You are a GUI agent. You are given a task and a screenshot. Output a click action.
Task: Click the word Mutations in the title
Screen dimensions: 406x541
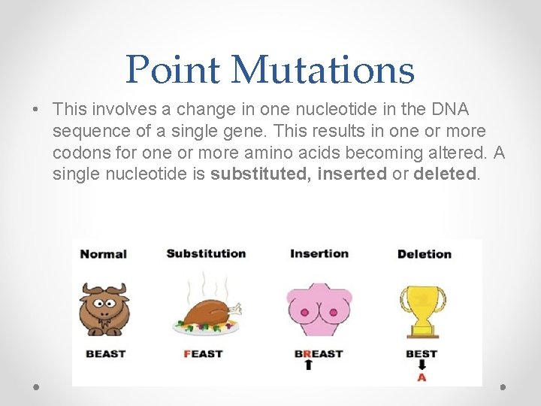click(x=323, y=69)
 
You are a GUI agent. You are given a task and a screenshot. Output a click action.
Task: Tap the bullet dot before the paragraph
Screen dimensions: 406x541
click(x=36, y=110)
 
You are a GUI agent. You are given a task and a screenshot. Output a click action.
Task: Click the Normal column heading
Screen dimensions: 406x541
click(x=103, y=253)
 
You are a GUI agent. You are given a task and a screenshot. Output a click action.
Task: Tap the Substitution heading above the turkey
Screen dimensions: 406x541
click(x=206, y=253)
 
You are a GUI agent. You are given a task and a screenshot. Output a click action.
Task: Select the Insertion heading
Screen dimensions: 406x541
click(x=319, y=253)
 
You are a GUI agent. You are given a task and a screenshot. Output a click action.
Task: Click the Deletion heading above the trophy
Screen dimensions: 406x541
click(x=424, y=253)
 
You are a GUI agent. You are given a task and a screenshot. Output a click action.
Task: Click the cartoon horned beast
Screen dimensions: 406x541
click(x=104, y=308)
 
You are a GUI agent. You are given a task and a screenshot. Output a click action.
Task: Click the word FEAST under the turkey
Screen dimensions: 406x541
click(x=203, y=353)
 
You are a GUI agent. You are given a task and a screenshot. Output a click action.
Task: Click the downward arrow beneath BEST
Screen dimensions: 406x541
click(x=422, y=365)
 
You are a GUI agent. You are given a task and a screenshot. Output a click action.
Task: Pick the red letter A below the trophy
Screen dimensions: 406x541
click(x=422, y=377)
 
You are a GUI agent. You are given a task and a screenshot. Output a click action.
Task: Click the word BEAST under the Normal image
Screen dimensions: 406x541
click(x=105, y=353)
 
